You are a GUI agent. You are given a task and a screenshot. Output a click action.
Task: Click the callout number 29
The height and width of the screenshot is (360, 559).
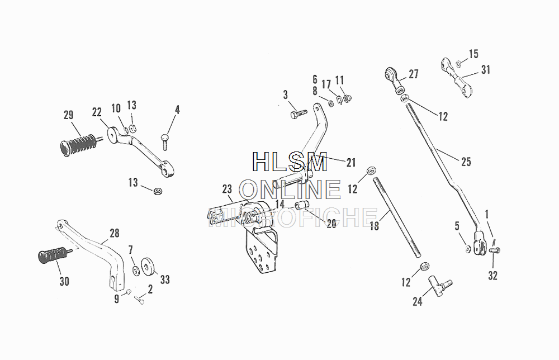click(x=68, y=116)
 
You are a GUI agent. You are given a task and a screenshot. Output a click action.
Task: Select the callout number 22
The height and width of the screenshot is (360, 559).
click(x=97, y=112)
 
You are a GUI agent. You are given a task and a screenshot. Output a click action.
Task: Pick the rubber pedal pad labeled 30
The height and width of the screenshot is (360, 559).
click(x=51, y=257)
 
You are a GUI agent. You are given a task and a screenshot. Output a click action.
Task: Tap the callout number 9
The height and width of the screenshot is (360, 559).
click(x=117, y=299)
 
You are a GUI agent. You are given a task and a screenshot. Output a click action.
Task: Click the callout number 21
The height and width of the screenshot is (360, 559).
click(x=350, y=163)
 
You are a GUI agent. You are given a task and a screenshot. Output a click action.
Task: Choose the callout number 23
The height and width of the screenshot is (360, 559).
click(x=226, y=188)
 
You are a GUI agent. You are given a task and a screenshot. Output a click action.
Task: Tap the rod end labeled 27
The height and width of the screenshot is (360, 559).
click(x=395, y=80)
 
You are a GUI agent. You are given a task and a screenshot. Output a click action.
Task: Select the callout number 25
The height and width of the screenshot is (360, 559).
click(x=466, y=162)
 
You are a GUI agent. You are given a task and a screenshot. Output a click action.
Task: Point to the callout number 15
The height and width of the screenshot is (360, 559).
click(x=473, y=54)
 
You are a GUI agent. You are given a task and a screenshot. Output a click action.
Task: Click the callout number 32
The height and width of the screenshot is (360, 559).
click(x=492, y=276)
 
